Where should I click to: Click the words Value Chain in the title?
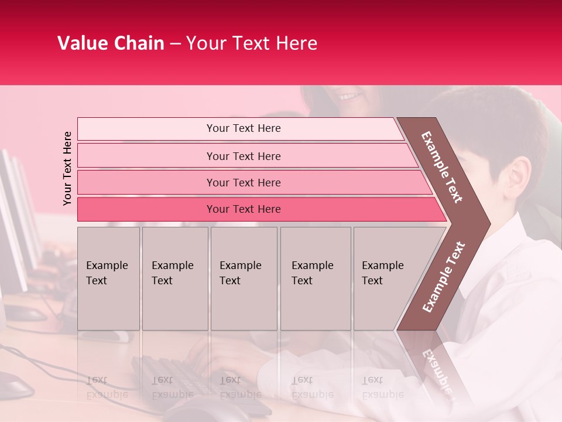(111, 43)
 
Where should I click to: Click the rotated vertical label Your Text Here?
(67, 168)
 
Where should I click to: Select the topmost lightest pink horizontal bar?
(243, 128)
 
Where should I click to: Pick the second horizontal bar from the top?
(243, 156)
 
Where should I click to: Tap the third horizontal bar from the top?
(243, 182)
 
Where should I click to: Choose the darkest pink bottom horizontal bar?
(243, 209)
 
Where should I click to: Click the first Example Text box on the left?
(108, 278)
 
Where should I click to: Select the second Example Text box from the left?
(175, 278)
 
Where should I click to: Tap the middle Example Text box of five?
(244, 278)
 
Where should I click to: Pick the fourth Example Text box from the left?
(316, 278)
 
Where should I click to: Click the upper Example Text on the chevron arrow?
(442, 167)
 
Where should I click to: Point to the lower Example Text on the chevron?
(444, 277)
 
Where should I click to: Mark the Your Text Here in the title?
(252, 43)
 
